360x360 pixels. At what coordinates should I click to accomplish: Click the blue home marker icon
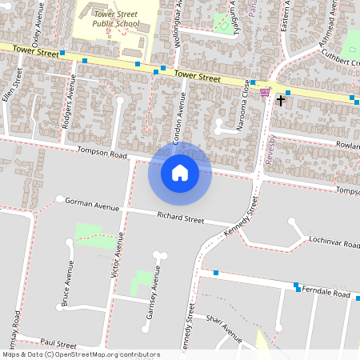pyautogui.click(x=180, y=172)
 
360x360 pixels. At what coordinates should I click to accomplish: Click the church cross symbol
pyautogui.click(x=280, y=100)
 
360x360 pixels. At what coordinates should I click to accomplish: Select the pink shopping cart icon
pyautogui.click(x=265, y=93)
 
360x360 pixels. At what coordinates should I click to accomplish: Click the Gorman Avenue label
pyautogui.click(x=91, y=204)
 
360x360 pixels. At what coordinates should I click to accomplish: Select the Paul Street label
pyautogui.click(x=58, y=342)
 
